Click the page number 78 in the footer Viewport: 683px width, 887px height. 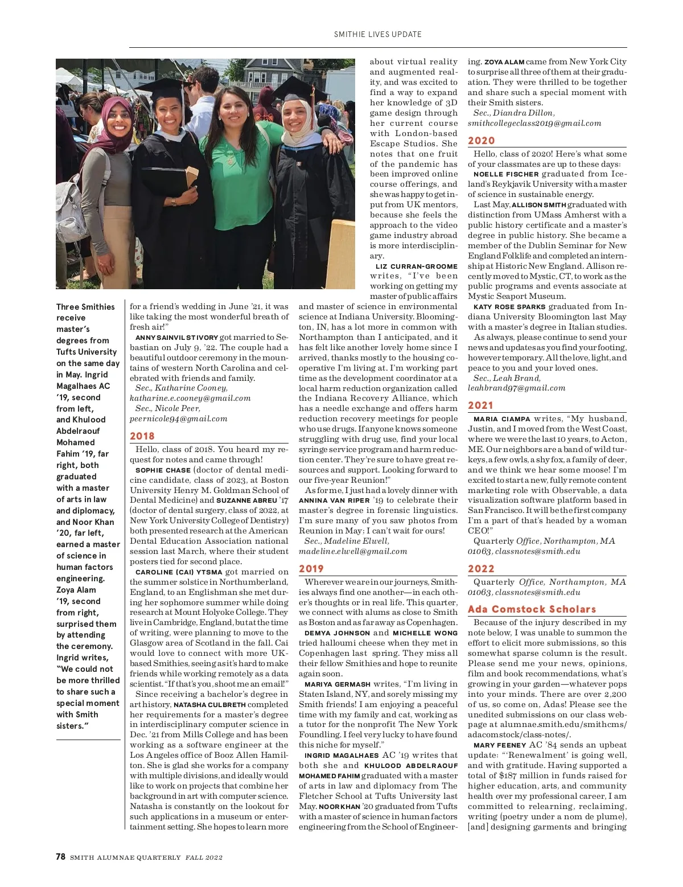[x=61, y=857]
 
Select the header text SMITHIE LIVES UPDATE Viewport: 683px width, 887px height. [x=378, y=34]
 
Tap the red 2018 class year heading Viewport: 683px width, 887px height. [x=142, y=436]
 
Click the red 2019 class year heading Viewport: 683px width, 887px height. [x=311, y=569]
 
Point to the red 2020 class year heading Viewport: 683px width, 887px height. [x=482, y=141]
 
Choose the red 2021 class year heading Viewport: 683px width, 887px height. [x=481, y=405]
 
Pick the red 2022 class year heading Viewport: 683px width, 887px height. [x=481, y=569]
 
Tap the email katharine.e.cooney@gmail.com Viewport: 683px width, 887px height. [x=190, y=398]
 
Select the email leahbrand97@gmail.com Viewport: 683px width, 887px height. [x=516, y=388]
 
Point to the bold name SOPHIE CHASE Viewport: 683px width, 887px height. [x=163, y=470]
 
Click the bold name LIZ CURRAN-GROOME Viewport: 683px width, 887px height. [x=417, y=266]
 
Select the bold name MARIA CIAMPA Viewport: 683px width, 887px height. [x=501, y=418]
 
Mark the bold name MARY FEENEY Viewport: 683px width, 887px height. [x=499, y=745]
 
